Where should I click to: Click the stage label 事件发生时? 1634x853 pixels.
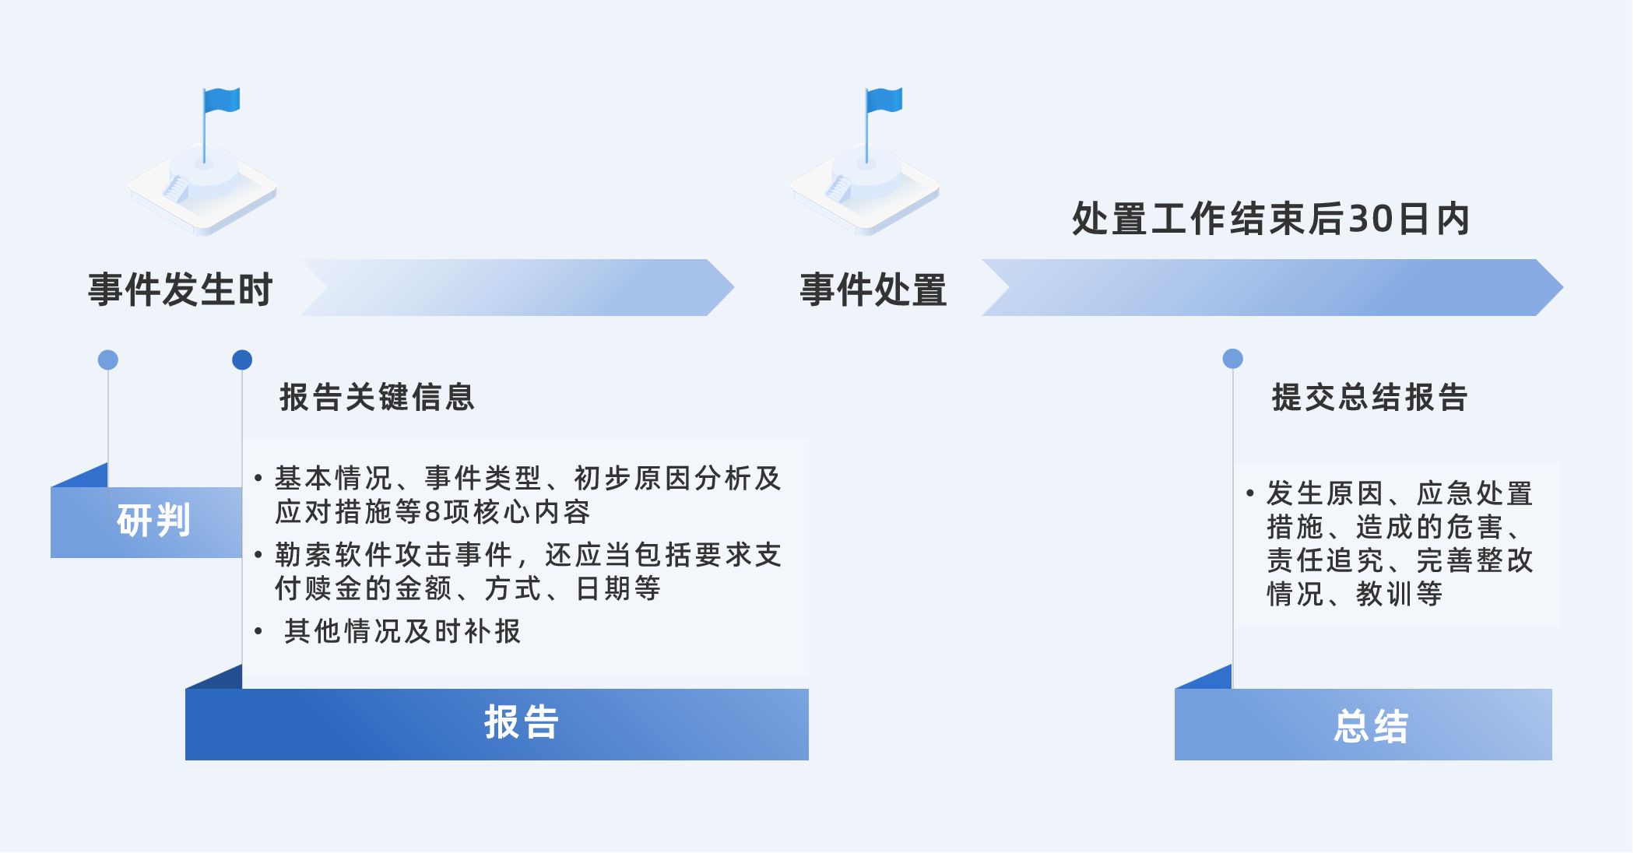click(180, 290)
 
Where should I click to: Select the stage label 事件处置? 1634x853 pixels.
click(873, 290)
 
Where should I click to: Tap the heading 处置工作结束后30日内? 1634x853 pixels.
click(1270, 219)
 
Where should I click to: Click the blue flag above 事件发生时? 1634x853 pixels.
click(223, 100)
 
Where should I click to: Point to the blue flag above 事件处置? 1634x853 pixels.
click(885, 100)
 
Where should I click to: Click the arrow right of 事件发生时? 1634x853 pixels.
click(517, 287)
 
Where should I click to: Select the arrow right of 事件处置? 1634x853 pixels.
click(1272, 287)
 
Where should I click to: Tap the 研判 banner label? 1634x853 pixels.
click(153, 520)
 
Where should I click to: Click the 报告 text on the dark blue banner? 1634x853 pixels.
click(521, 722)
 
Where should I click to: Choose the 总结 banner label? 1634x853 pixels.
click(1371, 726)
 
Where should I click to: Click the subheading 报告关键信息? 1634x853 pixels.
click(377, 397)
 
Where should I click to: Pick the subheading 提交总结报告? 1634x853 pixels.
click(1369, 397)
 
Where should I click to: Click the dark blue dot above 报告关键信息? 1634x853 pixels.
click(242, 360)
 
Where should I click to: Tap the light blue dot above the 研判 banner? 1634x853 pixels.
click(108, 360)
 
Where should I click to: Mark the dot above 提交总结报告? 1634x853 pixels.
click(1232, 359)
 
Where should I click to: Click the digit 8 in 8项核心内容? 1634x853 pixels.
click(433, 512)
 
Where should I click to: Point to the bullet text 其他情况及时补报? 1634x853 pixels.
click(402, 631)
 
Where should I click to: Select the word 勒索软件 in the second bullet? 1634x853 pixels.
click(335, 555)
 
